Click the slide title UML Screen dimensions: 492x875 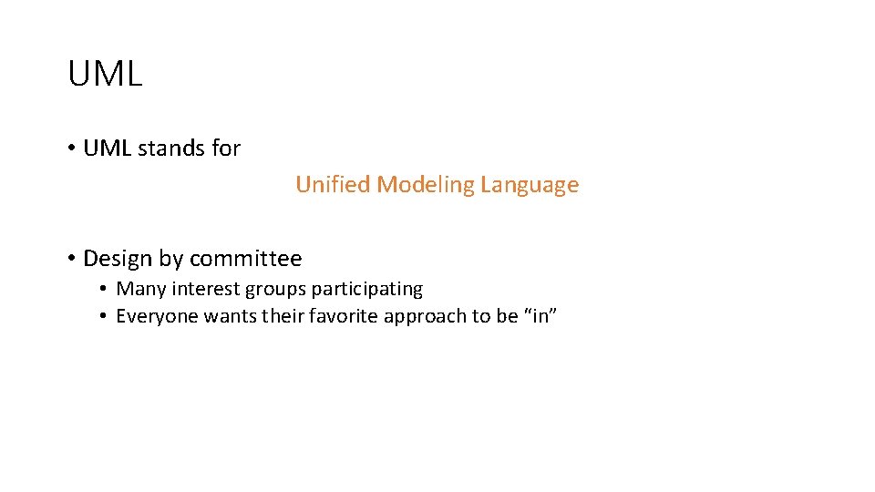[105, 74]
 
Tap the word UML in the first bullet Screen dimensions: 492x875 [107, 149]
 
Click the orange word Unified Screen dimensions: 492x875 [333, 185]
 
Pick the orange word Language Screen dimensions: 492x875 [530, 186]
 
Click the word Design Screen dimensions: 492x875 [118, 259]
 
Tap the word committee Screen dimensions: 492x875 [245, 259]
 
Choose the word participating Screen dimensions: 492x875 [367, 290]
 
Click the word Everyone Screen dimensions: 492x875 [157, 317]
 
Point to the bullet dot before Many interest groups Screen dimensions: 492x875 [105, 290]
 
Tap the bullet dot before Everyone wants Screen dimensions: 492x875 [105, 317]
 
